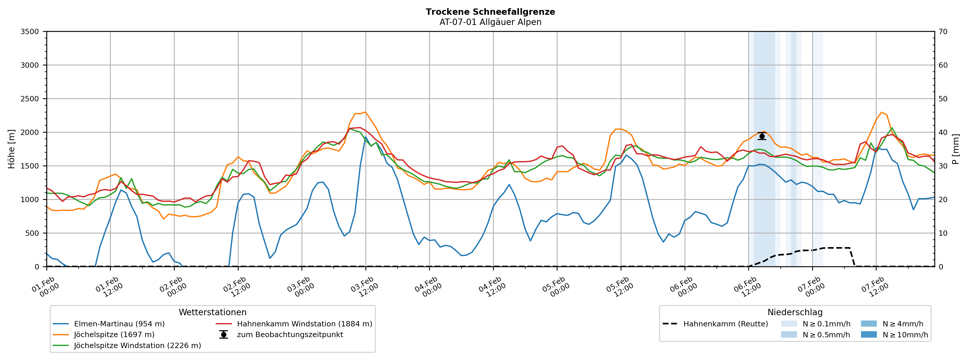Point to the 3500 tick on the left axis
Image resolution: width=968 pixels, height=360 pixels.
pyautogui.click(x=30, y=32)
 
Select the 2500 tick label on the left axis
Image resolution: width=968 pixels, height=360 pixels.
pyautogui.click(x=30, y=99)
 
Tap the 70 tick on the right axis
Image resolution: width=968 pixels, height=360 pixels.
pyautogui.click(x=943, y=32)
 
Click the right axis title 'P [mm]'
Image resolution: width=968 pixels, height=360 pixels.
pyautogui.click(x=956, y=149)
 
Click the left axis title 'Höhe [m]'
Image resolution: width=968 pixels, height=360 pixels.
pyautogui.click(x=11, y=149)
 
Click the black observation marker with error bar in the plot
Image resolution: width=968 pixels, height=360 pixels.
pyautogui.click(x=762, y=136)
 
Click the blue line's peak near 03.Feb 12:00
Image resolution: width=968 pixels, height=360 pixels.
pyautogui.click(x=366, y=137)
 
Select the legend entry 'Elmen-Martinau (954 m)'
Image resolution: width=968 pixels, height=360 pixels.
pyautogui.click(x=119, y=324)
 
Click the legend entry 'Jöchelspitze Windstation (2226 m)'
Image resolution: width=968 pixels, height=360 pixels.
pyautogui.click(x=137, y=345)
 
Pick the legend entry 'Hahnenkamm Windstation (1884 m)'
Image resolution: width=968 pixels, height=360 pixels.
pyautogui.click(x=304, y=324)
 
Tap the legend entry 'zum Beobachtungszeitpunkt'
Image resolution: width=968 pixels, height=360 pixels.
pyautogui.click(x=290, y=335)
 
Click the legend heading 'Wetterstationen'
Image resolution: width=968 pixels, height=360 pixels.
pyautogui.click(x=212, y=312)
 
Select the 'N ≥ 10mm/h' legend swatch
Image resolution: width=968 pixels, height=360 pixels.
pyautogui.click(x=869, y=335)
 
